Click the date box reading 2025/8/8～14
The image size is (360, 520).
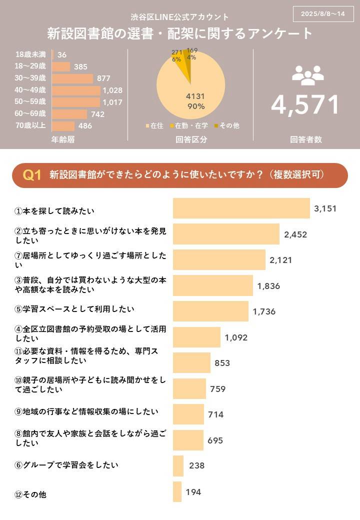point(323,14)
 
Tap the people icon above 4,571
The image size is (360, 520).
point(308,75)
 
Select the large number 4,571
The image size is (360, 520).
point(305,104)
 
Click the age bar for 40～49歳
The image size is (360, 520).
point(76,90)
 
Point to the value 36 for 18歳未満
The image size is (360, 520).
point(62,54)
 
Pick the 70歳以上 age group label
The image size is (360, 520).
point(30,125)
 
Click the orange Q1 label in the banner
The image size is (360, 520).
point(32,175)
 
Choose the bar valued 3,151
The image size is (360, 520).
point(241,208)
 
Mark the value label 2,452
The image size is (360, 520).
point(295,234)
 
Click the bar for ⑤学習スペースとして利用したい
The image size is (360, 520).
point(210,311)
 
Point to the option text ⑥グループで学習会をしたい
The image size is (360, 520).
point(66,465)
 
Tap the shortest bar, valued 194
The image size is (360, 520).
point(177,491)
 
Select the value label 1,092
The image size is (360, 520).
point(236,337)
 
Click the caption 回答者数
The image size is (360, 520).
point(305,140)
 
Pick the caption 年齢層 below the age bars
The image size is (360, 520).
point(63,140)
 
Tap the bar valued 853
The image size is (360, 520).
point(191,362)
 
